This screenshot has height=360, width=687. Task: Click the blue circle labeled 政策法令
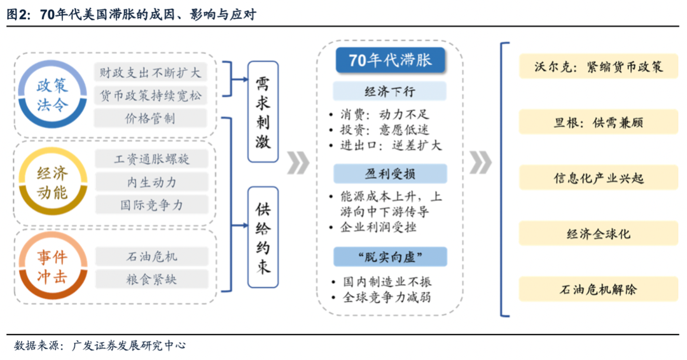[52, 94]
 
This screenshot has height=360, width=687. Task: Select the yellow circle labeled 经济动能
[52, 183]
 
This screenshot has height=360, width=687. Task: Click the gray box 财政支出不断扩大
[151, 73]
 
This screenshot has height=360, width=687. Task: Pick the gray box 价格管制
[151, 118]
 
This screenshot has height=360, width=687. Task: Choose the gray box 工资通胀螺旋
[151, 158]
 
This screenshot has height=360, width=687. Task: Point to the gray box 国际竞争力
[151, 205]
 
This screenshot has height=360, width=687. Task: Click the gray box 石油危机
[151, 256]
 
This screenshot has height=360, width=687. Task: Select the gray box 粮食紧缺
[151, 279]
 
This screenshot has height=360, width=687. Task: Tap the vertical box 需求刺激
[263, 112]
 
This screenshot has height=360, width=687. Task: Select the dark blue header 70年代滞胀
[390, 60]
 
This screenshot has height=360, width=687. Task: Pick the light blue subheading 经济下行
[390, 92]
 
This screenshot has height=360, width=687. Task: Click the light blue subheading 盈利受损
[390, 174]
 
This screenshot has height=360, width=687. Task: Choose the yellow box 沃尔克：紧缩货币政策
[590, 66]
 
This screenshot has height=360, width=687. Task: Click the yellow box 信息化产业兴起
[590, 177]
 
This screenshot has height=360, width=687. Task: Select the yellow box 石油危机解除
[590, 289]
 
